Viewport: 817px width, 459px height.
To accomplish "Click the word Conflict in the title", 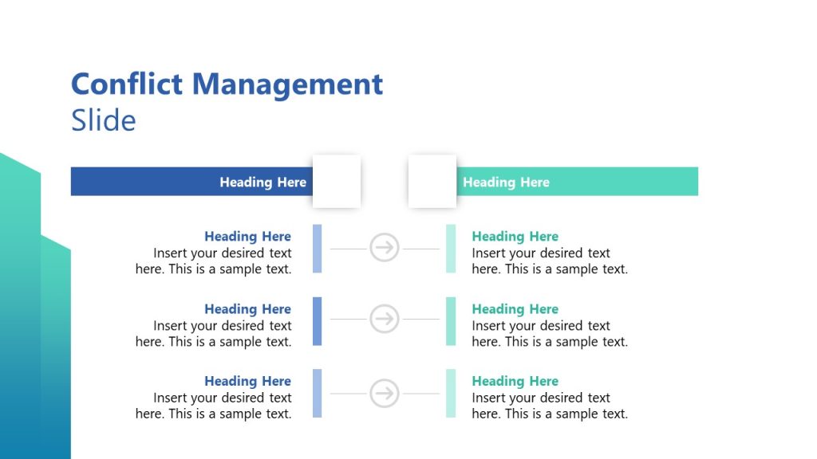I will (x=128, y=84).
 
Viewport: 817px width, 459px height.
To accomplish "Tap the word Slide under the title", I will (x=104, y=120).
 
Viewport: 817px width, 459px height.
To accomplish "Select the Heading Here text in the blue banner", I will (x=262, y=182).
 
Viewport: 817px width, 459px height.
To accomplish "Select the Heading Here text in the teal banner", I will (x=506, y=182).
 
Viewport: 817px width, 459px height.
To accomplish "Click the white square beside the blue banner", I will (x=336, y=181).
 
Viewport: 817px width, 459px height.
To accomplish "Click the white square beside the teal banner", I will (x=432, y=181).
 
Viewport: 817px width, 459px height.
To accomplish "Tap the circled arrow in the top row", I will (x=385, y=248).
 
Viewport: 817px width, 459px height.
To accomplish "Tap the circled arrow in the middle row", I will (x=385, y=320).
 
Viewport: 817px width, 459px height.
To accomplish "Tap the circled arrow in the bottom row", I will (x=385, y=393).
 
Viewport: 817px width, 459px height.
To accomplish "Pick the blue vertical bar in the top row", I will (x=317, y=248).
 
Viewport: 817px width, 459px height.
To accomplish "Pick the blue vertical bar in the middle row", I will (x=317, y=320).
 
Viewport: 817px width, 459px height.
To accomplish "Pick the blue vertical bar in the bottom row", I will (x=317, y=393).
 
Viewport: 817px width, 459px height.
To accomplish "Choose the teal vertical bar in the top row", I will (x=451, y=248).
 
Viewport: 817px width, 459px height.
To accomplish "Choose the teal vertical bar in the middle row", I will (x=451, y=320).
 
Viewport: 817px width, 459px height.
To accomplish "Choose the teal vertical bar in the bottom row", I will (x=451, y=393).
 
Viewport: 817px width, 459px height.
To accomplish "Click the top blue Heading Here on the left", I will (x=247, y=236).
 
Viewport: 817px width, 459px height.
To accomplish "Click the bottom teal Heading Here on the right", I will (x=515, y=381).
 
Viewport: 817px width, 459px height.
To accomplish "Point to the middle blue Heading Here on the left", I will (x=247, y=308).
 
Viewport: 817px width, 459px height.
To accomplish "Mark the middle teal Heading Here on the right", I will (x=515, y=308).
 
